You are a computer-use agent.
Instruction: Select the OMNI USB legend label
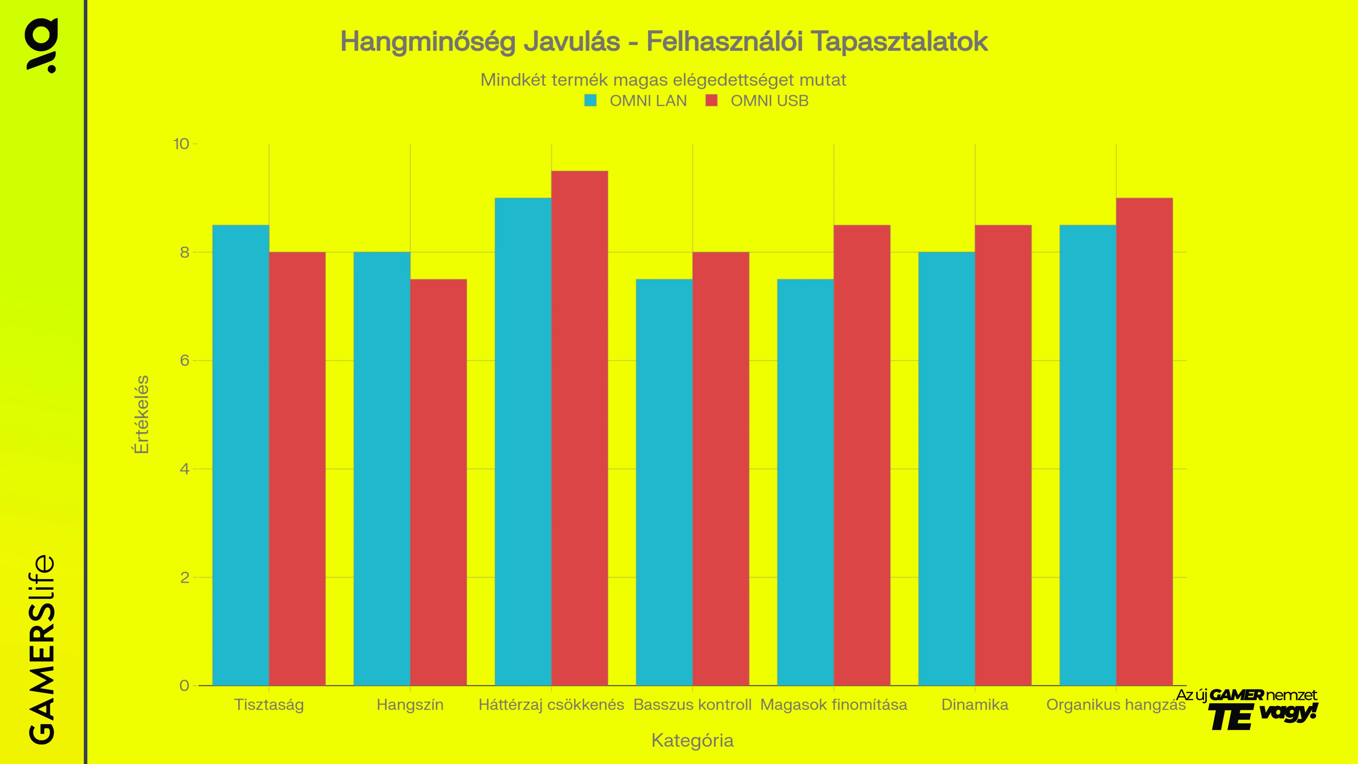769,101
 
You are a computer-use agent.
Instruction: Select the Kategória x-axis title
692,740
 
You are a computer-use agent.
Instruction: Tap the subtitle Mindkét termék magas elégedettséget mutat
663,80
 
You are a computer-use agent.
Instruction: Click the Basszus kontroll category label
692,705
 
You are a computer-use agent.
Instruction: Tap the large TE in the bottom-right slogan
1230,718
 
